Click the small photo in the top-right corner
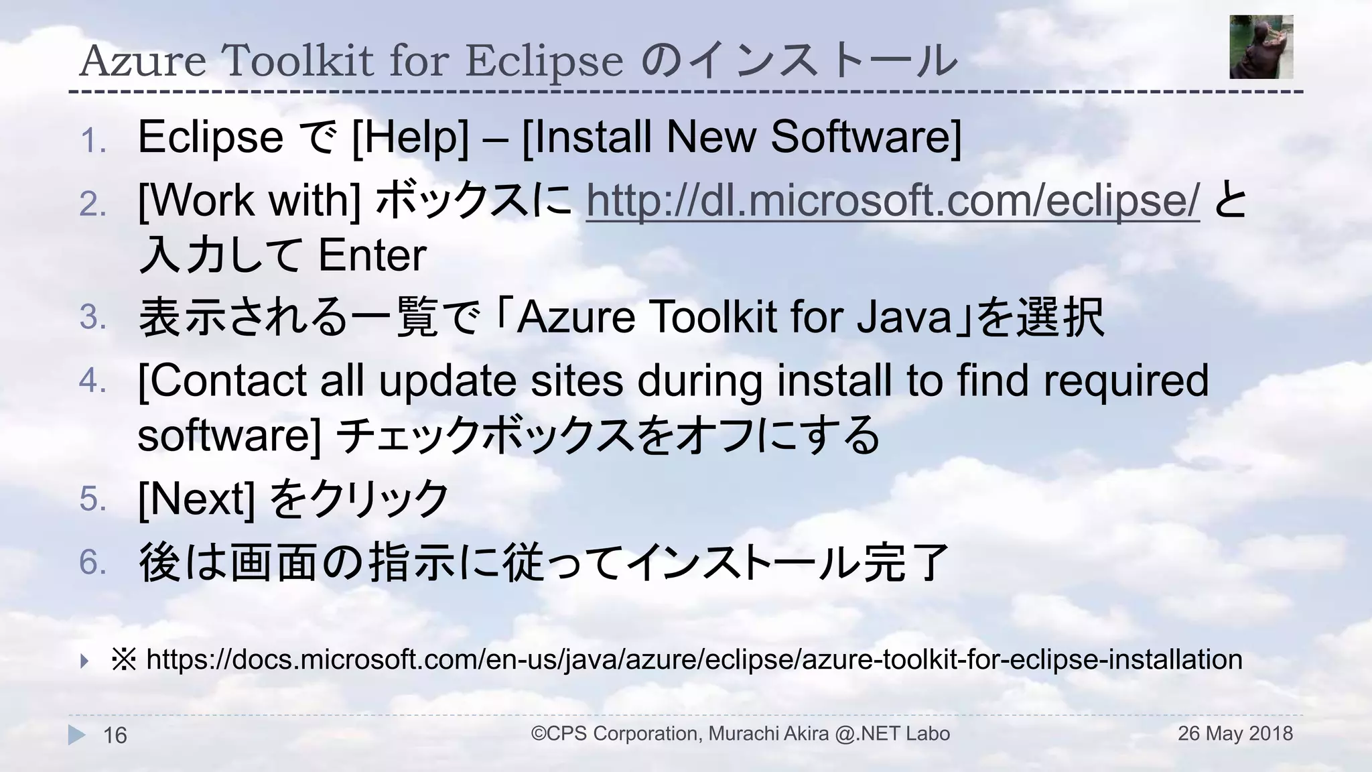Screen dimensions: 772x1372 point(1261,47)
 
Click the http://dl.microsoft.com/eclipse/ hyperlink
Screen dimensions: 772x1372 point(892,200)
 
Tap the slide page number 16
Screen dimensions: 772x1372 point(115,736)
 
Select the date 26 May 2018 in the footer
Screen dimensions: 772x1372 point(1235,734)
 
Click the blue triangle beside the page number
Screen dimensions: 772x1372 point(76,735)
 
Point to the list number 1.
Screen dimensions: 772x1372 point(93,141)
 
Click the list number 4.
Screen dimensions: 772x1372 point(92,381)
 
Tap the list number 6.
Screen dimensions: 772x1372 point(92,562)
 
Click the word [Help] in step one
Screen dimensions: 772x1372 point(410,137)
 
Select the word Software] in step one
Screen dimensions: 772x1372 point(866,137)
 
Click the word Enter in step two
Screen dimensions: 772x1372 point(372,255)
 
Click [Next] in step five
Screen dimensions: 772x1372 point(196,499)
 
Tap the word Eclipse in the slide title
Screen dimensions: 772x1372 point(544,61)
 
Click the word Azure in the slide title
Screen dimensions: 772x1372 point(143,61)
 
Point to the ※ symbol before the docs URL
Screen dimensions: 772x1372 point(124,660)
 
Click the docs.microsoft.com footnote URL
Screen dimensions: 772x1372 point(694,660)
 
